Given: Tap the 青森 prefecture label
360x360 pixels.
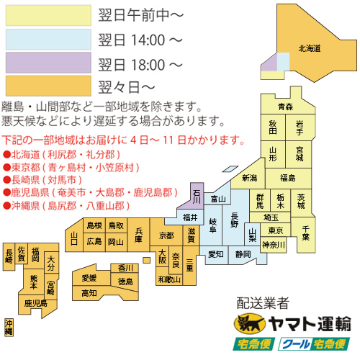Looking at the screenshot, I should click(x=287, y=107).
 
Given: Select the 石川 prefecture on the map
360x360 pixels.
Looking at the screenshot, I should click(x=197, y=194).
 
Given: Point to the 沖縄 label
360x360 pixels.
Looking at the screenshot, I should click(x=9, y=328).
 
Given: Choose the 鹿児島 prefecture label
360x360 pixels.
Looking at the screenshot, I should click(x=35, y=304).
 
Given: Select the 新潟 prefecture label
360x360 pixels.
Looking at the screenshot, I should click(x=249, y=177).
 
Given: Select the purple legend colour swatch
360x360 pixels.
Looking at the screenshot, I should click(x=48, y=64).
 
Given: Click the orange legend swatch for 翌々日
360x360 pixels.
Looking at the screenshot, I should click(x=48, y=87).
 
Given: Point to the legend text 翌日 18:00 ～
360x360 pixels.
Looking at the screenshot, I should click(x=140, y=64).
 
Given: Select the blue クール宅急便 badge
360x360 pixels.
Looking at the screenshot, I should click(x=315, y=344).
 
